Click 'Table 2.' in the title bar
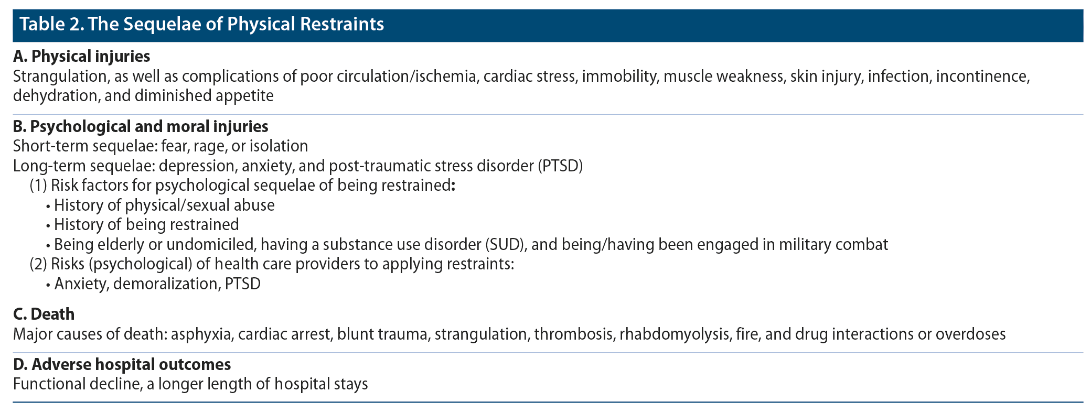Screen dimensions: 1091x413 coord(51,25)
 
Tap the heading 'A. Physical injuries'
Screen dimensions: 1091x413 coord(81,56)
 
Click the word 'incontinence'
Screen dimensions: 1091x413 coord(983,77)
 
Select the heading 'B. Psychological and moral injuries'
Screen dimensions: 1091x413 coord(141,126)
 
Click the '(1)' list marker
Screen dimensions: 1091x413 coord(38,186)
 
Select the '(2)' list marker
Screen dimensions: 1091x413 coord(38,264)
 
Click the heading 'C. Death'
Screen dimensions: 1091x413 coord(44,314)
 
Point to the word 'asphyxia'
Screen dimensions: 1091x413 coord(201,334)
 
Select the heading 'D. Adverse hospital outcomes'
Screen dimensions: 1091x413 coord(122,364)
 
